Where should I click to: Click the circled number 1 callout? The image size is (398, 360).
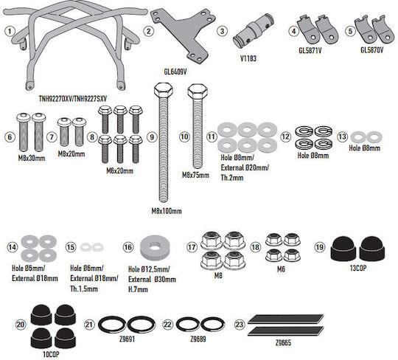10,32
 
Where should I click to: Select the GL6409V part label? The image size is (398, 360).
175,72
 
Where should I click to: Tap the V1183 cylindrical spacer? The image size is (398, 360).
254,31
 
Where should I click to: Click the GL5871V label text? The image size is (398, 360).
310,50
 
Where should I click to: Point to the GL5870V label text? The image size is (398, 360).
372,50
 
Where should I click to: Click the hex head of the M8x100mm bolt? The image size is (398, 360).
164,90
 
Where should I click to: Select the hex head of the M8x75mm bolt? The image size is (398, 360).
198,91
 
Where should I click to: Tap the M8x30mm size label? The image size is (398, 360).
32,158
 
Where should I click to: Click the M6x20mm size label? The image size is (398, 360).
119,170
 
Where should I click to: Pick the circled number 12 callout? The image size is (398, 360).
285,136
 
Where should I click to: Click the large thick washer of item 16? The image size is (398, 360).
155,246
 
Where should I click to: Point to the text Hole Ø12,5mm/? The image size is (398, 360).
149,269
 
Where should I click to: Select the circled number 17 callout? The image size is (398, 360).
192,247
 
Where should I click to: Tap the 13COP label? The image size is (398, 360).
358,268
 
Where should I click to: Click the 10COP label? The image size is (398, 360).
51,354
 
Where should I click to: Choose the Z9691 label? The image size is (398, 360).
127,339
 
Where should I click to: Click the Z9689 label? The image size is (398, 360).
198,339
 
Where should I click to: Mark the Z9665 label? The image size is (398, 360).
283,343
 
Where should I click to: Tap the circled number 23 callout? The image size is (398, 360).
240,325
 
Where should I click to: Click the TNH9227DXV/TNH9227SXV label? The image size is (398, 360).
73,98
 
